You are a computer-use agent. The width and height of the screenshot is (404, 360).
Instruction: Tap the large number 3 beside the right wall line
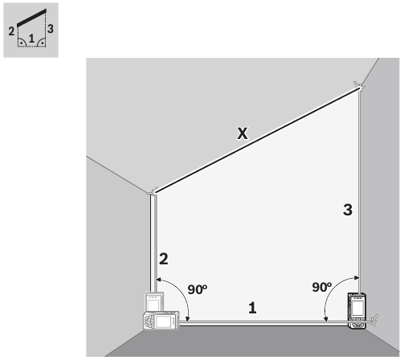pos(347,211)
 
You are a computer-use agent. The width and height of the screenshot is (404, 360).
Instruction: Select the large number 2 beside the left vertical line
pos(163,260)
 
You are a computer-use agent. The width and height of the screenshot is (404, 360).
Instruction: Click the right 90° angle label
pos(322,287)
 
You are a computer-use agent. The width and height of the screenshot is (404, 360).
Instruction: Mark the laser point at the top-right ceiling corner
pos(359,86)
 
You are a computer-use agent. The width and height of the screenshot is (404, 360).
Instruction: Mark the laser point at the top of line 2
pos(153,192)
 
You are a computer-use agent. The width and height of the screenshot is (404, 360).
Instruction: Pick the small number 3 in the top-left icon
pos(51,30)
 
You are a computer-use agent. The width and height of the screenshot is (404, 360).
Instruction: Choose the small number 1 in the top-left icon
pos(31,38)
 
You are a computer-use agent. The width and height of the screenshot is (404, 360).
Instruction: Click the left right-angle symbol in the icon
pos(22,44)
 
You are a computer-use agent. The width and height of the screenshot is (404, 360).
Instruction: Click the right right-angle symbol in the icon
pos(40,44)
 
